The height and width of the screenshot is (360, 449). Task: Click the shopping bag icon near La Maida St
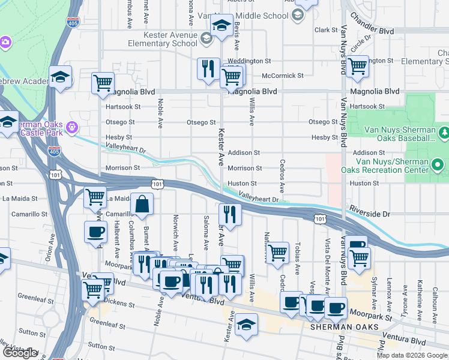[142, 205]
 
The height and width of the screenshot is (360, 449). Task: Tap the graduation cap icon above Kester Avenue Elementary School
[221, 26]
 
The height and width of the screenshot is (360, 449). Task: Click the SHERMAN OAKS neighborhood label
[344, 327]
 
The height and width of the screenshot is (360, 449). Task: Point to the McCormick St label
[283, 76]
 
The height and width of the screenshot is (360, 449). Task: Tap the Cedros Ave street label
[282, 170]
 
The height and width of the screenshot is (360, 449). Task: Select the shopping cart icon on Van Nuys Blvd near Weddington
[358, 66]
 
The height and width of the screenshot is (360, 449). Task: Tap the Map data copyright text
[411, 355]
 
